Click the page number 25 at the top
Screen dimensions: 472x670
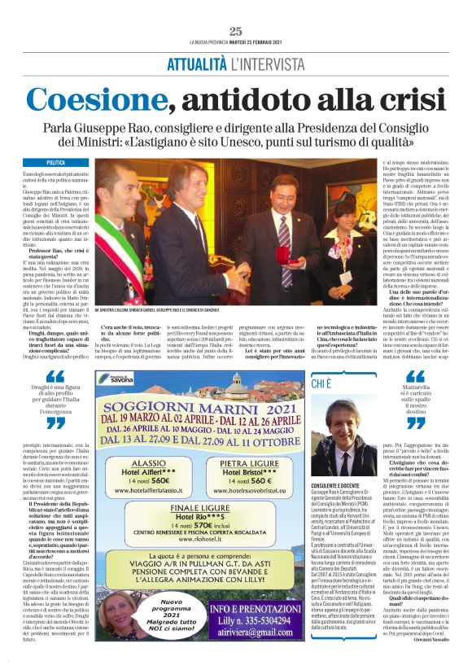pos(236,31)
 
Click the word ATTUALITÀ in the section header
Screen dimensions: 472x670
pos(197,63)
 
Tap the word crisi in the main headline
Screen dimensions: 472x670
pos(400,100)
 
